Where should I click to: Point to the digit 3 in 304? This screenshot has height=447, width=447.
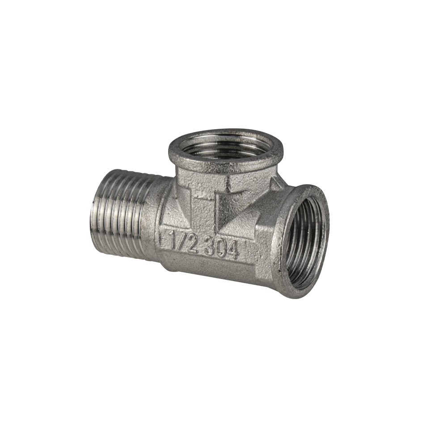click(x=210, y=246)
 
